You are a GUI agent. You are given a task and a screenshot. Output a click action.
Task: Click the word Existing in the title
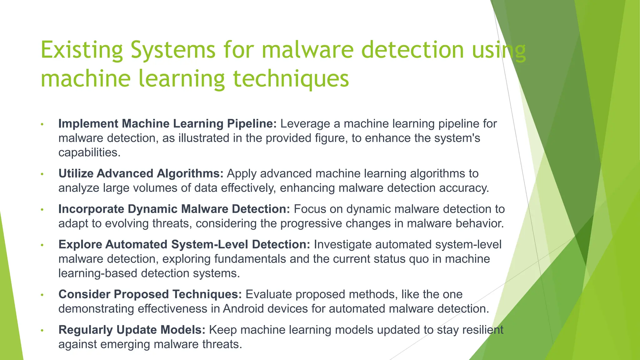[82, 50]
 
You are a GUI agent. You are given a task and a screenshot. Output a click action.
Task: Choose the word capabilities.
[89, 152]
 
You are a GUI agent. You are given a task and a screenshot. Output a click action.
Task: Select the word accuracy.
[464, 188]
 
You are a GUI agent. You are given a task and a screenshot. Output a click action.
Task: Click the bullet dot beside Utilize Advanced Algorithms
[42, 174]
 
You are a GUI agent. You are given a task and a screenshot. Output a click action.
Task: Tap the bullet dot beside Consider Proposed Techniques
[42, 295]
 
